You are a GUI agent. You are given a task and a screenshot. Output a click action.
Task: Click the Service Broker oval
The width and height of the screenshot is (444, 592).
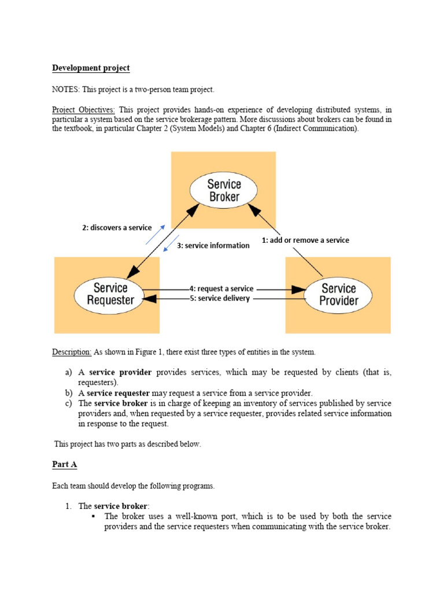click(224, 190)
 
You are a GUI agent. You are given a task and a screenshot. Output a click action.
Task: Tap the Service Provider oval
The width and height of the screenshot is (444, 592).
click(339, 294)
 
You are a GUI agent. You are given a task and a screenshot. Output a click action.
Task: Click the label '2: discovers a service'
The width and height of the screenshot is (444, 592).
click(117, 228)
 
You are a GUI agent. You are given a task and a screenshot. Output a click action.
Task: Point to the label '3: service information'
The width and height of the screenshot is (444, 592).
click(213, 245)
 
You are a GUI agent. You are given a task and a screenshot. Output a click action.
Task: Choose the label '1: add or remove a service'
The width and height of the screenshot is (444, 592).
click(305, 240)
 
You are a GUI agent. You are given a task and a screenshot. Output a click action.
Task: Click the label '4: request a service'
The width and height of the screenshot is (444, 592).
click(221, 288)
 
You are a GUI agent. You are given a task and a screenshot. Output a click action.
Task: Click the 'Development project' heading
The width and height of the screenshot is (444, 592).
click(91, 68)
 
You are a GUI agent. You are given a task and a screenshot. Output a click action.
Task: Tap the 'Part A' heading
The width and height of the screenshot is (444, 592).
click(64, 465)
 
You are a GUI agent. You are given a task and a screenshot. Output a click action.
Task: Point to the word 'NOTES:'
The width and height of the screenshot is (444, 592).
click(66, 90)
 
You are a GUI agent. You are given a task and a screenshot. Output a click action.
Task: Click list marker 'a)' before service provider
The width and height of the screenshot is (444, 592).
click(68, 373)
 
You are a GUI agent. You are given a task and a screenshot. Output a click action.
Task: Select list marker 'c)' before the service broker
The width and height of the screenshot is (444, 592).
click(68, 403)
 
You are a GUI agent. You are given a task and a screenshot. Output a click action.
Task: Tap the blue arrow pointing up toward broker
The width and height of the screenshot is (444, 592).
click(156, 235)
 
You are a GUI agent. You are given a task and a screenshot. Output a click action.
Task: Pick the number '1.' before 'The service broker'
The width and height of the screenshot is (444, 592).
click(68, 506)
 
